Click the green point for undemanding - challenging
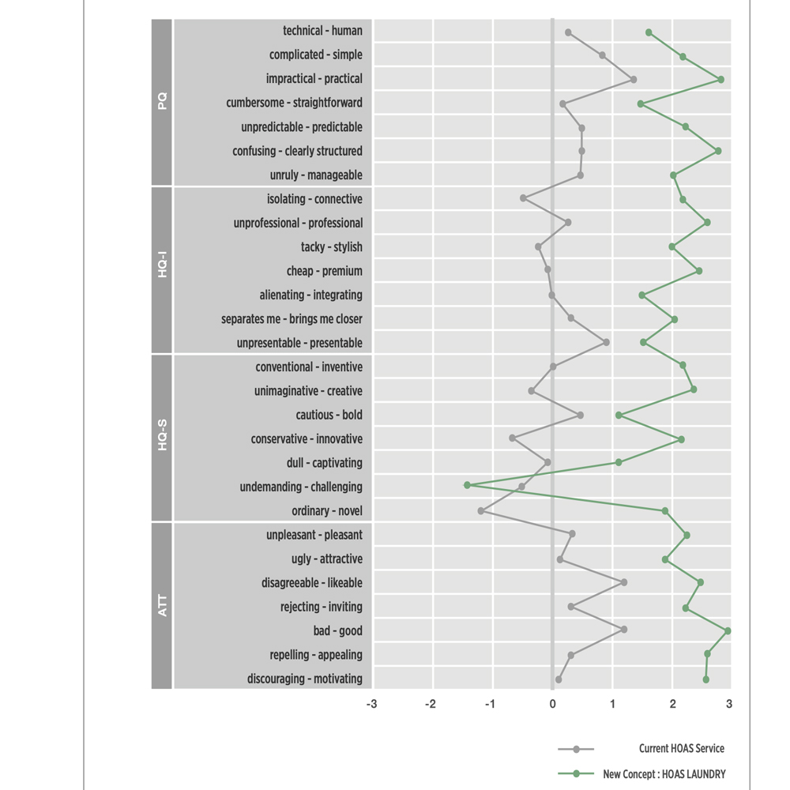click(x=467, y=485)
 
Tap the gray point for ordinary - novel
click(x=481, y=511)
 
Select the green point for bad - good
click(x=728, y=630)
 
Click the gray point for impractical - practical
click(x=634, y=79)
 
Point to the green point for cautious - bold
click(x=619, y=415)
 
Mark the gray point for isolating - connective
click(x=523, y=198)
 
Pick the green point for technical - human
click(x=649, y=32)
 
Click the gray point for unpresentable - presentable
click(x=606, y=342)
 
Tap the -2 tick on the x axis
click(x=431, y=703)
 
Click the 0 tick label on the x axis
click(x=552, y=703)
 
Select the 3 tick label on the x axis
click(x=728, y=703)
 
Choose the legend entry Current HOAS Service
click(x=681, y=749)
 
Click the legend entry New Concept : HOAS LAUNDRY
click(x=664, y=774)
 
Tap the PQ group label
click(x=162, y=102)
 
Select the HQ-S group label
click(x=162, y=438)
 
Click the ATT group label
click(x=162, y=606)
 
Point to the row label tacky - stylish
click(x=332, y=247)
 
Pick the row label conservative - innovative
click(x=307, y=439)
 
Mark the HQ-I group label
click(x=162, y=270)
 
